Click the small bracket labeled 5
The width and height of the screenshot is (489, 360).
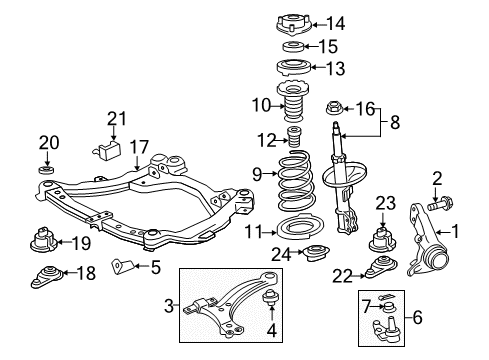pos(121,266)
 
